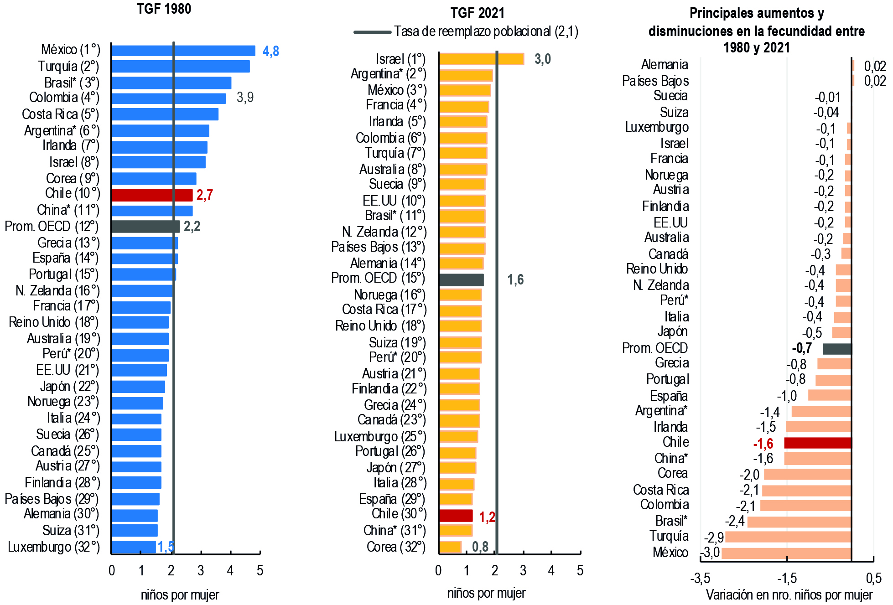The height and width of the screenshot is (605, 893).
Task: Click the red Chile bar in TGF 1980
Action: tap(152, 195)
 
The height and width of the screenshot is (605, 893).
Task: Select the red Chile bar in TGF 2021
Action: tap(456, 516)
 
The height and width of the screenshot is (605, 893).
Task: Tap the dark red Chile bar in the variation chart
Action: tap(817, 443)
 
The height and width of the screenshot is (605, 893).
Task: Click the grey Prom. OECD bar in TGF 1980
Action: tap(145, 227)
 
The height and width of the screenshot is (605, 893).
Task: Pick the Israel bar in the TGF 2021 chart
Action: tap(481, 59)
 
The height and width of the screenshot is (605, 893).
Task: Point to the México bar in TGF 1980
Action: tap(183, 51)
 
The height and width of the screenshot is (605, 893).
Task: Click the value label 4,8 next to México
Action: tap(270, 51)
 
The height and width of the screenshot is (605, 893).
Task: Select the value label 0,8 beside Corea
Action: tap(480, 547)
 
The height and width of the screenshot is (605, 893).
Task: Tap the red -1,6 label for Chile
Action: tap(763, 444)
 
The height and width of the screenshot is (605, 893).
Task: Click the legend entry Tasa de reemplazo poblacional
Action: tap(486, 31)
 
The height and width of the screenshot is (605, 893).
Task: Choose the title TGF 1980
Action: tap(164, 9)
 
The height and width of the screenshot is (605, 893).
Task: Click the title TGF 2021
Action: tap(477, 13)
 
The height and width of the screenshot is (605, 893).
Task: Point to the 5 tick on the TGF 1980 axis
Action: tap(260, 570)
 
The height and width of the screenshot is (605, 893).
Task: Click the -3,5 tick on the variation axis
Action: tap(700, 579)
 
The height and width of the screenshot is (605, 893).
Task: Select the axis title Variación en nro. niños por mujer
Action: tap(789, 595)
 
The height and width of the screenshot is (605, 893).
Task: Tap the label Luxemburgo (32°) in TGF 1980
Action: tap(54, 547)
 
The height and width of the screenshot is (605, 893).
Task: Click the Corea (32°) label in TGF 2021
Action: tap(396, 547)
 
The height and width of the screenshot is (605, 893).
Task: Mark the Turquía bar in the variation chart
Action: tap(788, 537)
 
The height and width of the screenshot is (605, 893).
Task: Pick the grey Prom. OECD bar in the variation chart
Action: tap(837, 349)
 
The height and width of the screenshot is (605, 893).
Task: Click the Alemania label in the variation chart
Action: tap(664, 65)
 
